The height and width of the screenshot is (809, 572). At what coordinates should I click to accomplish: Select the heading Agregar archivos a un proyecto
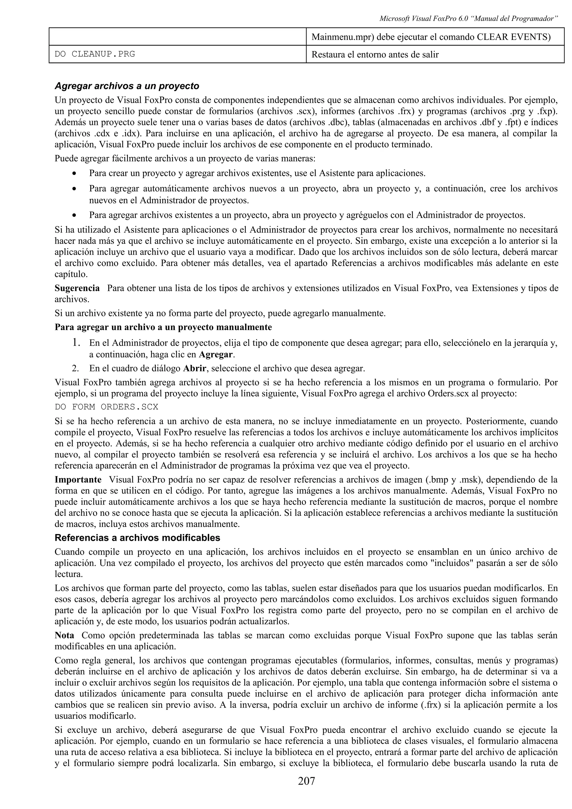point(127,86)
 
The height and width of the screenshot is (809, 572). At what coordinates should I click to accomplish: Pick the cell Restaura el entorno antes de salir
point(375,55)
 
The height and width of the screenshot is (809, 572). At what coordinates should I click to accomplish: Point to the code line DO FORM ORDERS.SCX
point(106,407)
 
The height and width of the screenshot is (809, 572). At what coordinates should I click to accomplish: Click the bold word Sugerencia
point(77,288)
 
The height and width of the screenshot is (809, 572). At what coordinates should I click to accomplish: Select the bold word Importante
point(78,480)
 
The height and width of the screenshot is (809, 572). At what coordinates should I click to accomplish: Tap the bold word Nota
point(65,635)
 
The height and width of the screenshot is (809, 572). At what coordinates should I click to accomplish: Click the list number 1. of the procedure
point(76,343)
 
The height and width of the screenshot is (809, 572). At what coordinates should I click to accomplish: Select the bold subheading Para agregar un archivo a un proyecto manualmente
point(163,327)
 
